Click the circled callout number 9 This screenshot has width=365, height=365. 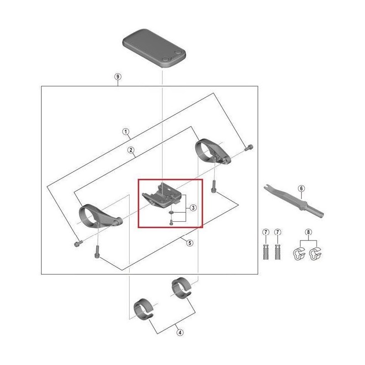[118, 77]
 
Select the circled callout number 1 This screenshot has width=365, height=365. [125, 132]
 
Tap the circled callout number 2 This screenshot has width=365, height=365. [130, 150]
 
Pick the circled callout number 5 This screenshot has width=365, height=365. [189, 243]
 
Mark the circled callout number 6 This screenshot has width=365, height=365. [301, 188]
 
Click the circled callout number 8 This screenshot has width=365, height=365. [309, 233]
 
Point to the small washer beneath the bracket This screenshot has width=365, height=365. [170, 212]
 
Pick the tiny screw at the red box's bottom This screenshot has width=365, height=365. [170, 222]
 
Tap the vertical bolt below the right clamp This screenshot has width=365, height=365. [213, 186]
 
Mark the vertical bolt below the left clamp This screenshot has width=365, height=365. [96, 251]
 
